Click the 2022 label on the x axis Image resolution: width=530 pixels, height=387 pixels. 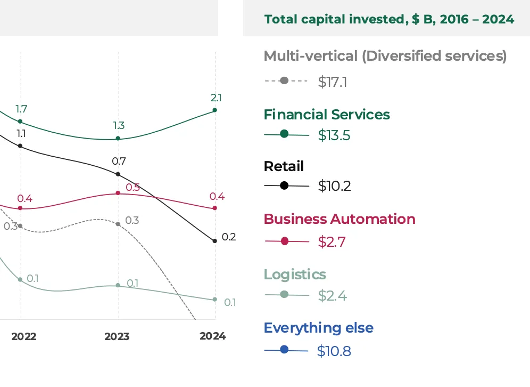23,336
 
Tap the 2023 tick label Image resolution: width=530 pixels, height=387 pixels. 117,336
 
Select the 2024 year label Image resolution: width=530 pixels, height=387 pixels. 212,336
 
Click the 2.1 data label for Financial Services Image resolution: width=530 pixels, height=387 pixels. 216,98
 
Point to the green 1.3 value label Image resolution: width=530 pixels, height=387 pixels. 119,126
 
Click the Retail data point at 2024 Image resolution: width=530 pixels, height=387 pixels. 215,241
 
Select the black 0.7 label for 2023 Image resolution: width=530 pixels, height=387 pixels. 118,161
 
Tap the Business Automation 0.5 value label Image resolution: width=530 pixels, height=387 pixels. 132,188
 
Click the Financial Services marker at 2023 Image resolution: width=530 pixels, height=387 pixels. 118,139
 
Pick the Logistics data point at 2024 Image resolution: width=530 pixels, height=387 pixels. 215,300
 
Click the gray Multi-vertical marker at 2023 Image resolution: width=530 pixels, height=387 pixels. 118,224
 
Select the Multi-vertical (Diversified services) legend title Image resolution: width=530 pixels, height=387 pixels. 385,56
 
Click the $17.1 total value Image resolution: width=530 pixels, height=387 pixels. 333,82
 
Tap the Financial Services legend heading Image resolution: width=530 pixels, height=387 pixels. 327,115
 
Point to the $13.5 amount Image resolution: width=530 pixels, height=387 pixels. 334,135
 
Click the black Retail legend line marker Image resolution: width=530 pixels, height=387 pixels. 284,186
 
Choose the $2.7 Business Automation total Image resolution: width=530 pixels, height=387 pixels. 332,241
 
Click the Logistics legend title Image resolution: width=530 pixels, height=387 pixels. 295,275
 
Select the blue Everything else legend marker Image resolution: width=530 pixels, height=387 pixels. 284,350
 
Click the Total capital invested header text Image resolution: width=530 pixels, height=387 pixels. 389,19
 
